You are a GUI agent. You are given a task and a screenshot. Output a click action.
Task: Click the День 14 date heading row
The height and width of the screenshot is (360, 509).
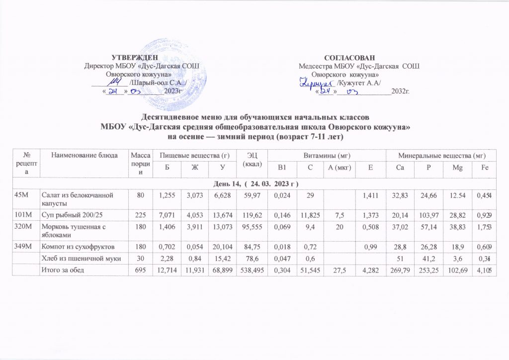[254, 184]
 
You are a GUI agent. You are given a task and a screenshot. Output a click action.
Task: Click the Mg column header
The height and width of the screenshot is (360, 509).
[462, 168]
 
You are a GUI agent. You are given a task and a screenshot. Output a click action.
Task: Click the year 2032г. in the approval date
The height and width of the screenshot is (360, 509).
[401, 91]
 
